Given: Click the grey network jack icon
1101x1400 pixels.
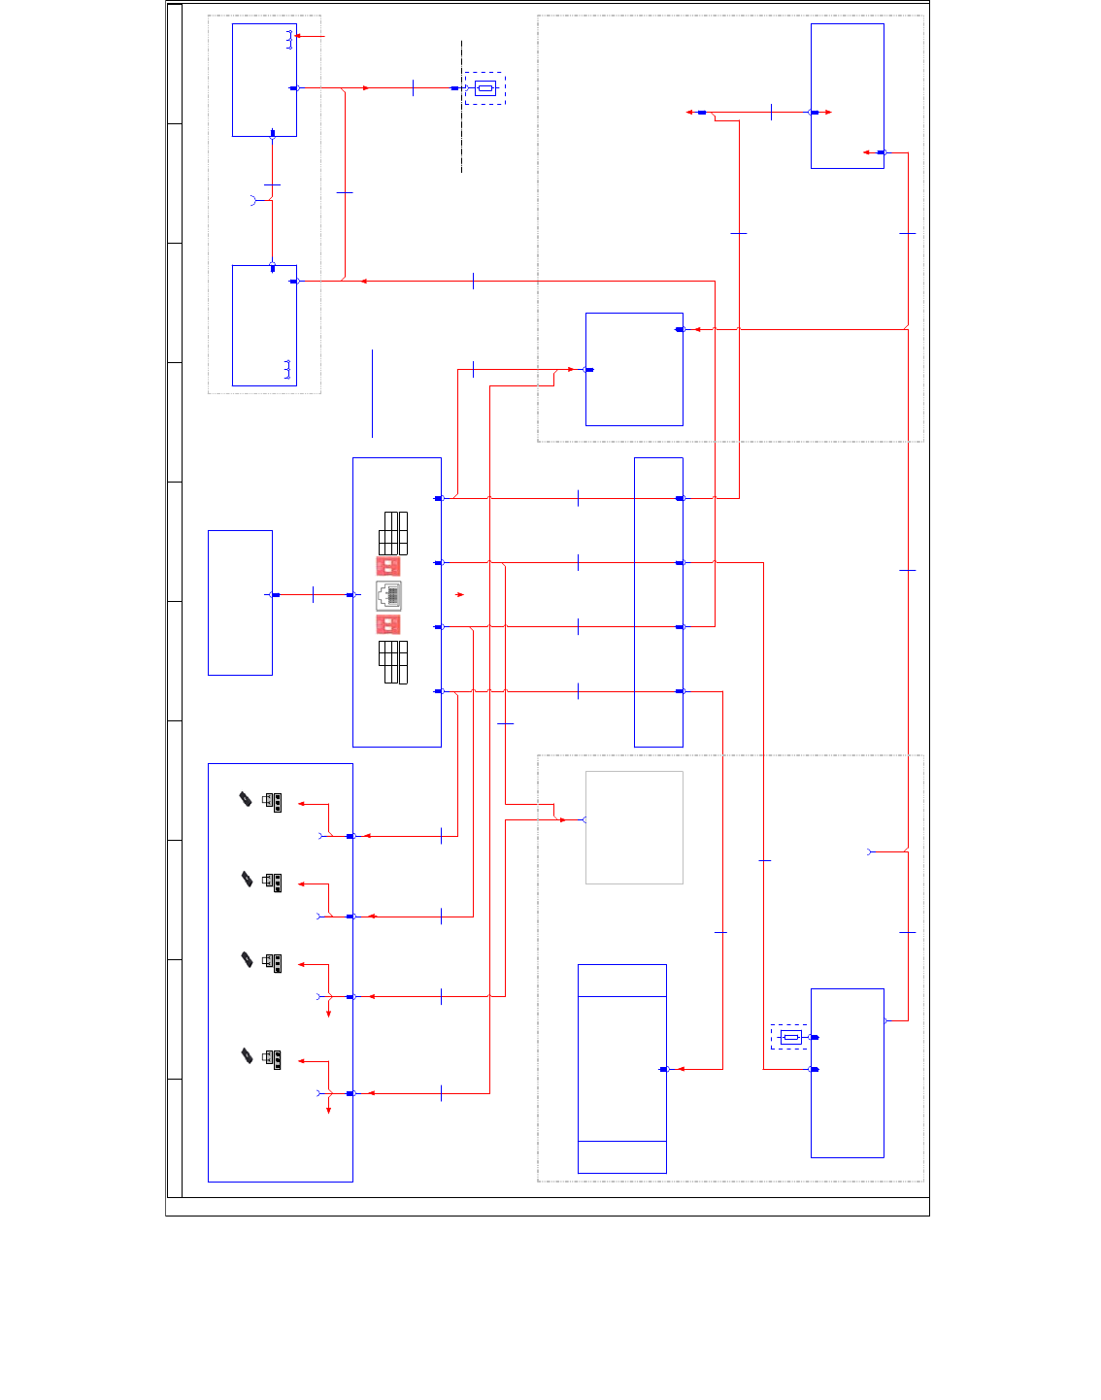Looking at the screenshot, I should click(x=388, y=594).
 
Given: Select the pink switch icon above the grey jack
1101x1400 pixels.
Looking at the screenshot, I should click(x=388, y=565).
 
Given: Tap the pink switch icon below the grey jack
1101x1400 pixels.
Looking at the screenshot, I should click(x=388, y=624).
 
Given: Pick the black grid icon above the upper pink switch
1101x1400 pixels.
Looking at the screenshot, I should click(x=393, y=533).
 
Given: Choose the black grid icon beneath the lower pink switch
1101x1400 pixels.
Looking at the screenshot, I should click(x=393, y=662).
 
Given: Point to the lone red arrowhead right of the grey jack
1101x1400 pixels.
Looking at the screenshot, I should click(x=460, y=594).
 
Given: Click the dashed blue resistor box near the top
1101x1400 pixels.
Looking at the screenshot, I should click(x=484, y=88).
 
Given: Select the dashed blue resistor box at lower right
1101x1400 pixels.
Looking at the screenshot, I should click(x=789, y=1037).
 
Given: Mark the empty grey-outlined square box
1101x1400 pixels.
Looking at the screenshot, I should click(x=634, y=827).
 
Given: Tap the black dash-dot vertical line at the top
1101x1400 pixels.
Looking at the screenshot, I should click(x=461, y=107).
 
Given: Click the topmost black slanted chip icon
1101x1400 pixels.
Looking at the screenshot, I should click(x=246, y=799).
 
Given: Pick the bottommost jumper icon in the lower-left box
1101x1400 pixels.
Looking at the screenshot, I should click(x=273, y=1059).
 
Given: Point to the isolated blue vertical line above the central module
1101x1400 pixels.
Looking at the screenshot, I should click(x=372, y=393).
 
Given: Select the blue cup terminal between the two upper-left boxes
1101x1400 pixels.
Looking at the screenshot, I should click(x=254, y=200).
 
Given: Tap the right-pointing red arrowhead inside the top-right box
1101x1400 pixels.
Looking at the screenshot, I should click(x=827, y=113).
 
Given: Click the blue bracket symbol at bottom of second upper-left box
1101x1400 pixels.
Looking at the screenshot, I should click(x=287, y=369).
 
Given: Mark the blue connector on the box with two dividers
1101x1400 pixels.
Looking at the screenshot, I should click(x=664, y=1069).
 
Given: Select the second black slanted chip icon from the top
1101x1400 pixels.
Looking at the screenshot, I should click(x=247, y=879).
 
